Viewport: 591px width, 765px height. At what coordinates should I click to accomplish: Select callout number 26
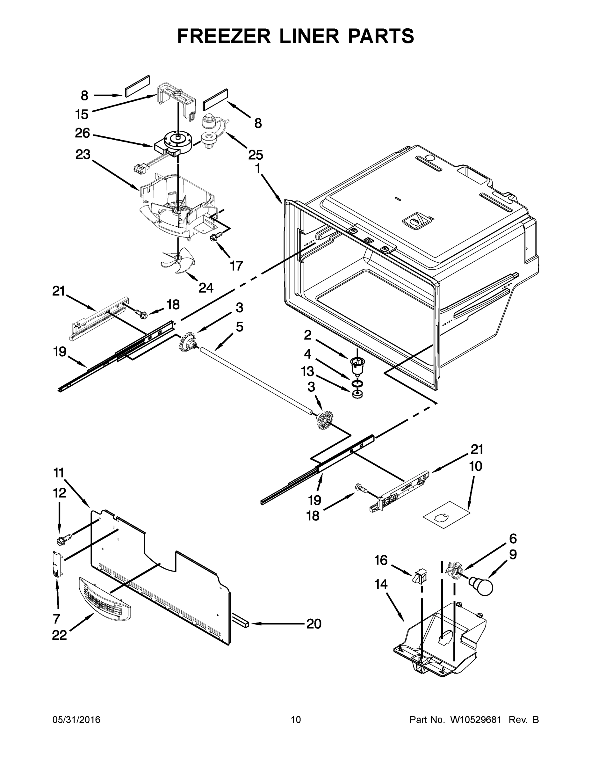82,133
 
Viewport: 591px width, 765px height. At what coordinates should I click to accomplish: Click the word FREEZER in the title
224,36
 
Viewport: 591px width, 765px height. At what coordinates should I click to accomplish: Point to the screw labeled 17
213,237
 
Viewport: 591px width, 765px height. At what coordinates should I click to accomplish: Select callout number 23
83,155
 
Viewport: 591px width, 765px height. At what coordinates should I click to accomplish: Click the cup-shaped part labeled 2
357,365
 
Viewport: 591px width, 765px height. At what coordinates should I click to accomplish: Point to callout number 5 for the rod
240,327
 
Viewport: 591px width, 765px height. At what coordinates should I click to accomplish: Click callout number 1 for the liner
258,169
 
